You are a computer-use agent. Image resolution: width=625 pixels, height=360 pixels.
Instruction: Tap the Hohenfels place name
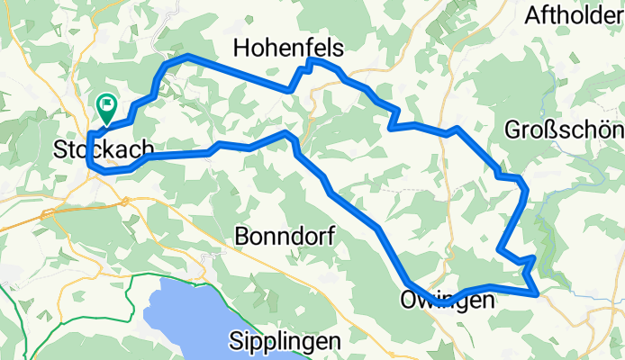(x=288, y=47)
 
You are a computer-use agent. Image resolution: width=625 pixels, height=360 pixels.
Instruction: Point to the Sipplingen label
(x=285, y=341)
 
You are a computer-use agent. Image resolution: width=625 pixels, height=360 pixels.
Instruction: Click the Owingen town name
(x=447, y=300)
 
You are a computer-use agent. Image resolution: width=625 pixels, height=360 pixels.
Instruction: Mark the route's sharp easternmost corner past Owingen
(x=538, y=293)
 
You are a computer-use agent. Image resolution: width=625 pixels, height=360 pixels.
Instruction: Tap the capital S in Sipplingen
(x=236, y=341)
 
